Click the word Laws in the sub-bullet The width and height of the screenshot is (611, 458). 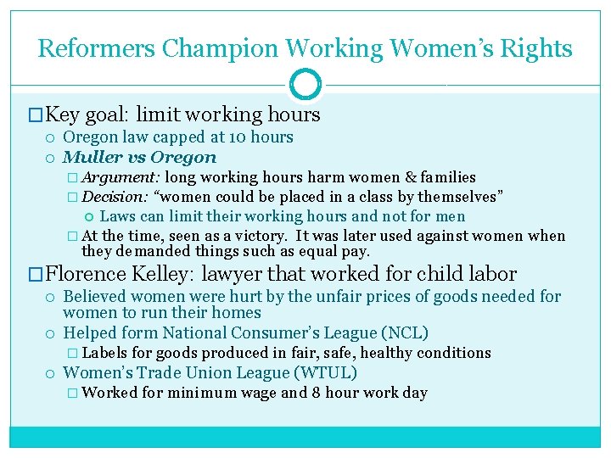pyautogui.click(x=118, y=216)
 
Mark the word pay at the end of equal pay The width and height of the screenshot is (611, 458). pyautogui.click(x=356, y=252)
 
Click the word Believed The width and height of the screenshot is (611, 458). pyautogui.click(x=95, y=296)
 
